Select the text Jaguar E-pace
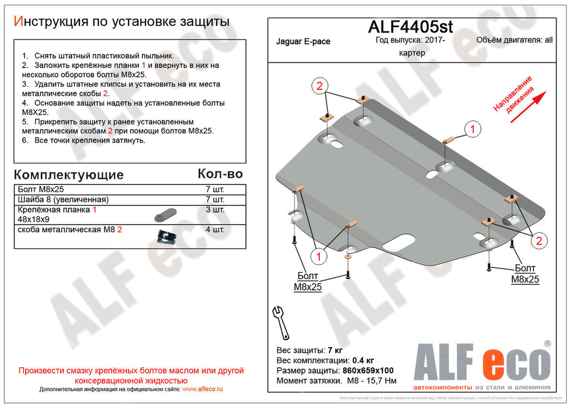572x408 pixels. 303,42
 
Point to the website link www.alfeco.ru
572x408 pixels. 202,389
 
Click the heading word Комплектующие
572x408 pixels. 68,175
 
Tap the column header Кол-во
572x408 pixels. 220,174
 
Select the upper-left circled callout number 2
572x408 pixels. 320,87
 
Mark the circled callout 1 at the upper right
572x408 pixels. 472,130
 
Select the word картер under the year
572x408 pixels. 412,52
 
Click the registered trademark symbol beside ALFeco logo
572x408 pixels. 547,343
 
